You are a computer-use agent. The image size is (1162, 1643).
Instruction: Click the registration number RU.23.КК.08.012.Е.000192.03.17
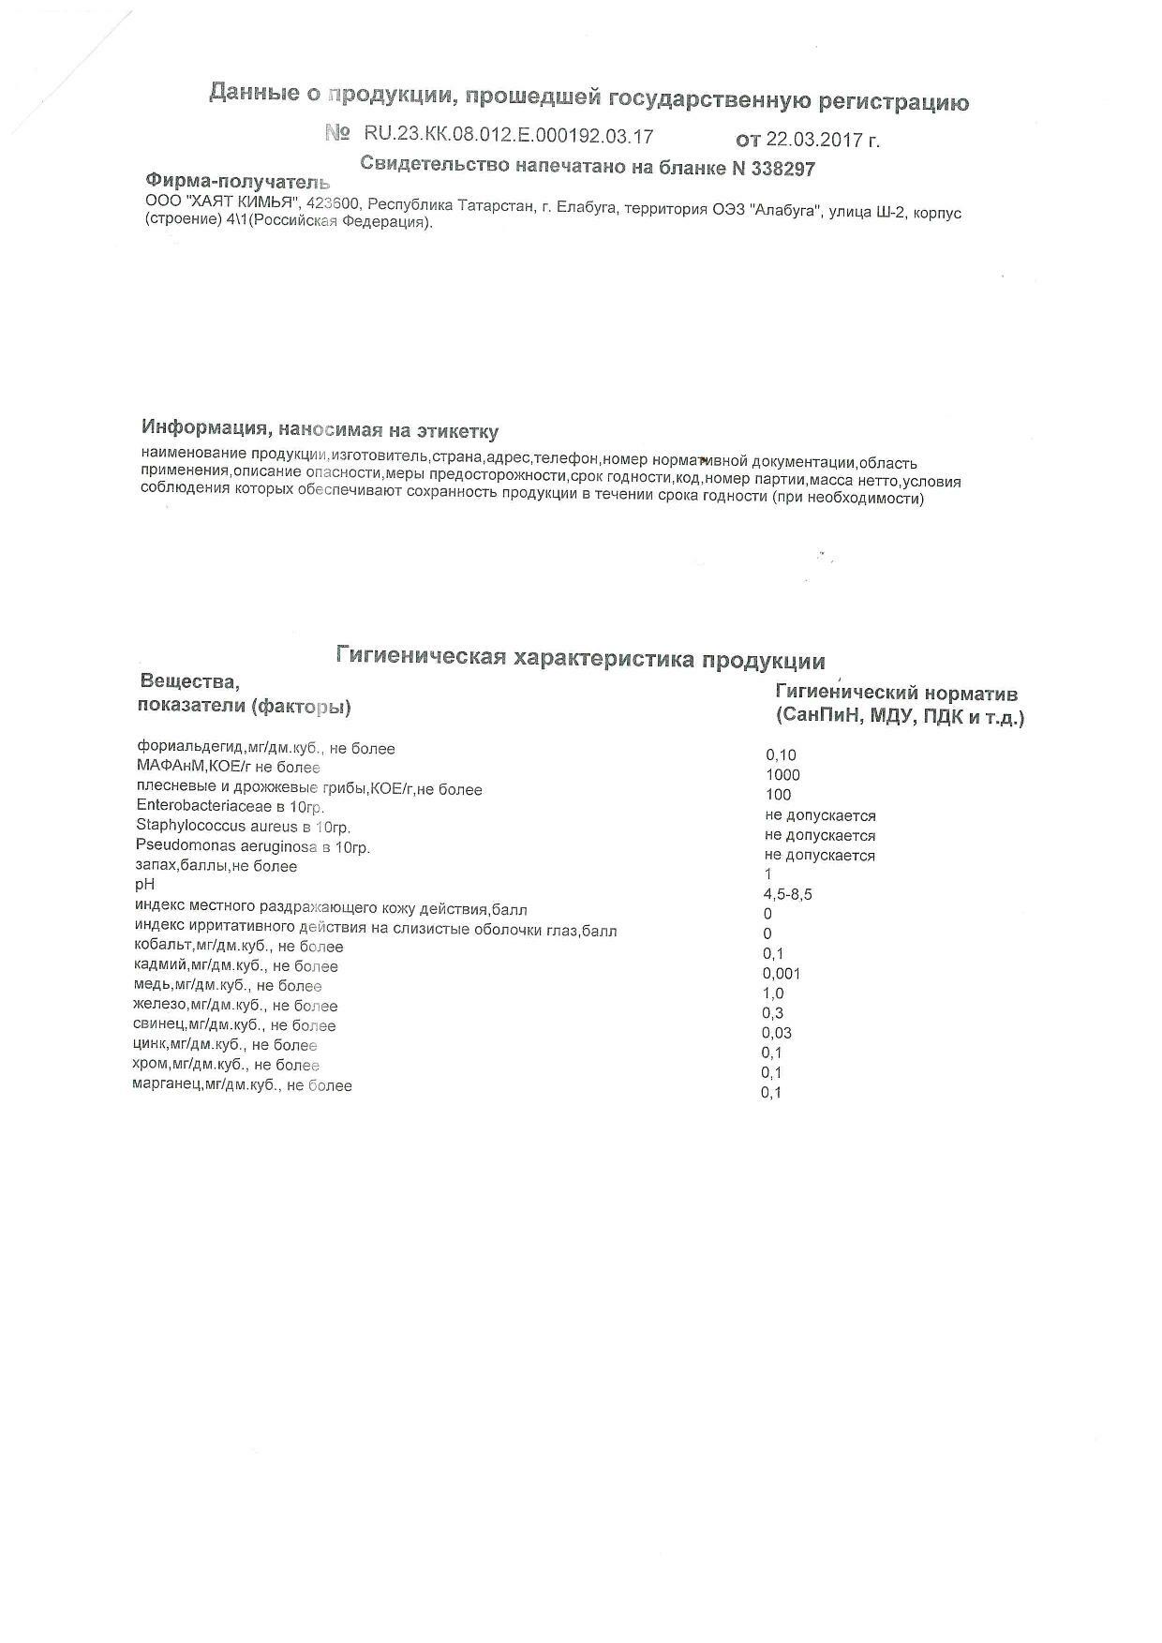[508, 136]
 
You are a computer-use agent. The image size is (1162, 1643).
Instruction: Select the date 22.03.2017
[814, 141]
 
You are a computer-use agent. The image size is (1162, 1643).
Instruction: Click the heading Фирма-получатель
[238, 182]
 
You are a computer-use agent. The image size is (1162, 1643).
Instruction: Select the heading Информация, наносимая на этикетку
[320, 430]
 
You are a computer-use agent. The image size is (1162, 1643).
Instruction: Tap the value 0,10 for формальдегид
[781, 755]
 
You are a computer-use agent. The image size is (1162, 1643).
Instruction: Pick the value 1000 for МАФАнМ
[782, 775]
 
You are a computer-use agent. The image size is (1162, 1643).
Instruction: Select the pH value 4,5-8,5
[787, 895]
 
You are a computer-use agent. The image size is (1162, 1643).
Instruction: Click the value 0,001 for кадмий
[782, 974]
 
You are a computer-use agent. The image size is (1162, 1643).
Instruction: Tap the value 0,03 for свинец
[777, 1033]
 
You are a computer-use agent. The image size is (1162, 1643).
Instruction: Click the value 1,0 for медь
[773, 993]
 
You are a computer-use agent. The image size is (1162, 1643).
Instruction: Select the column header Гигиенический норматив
[896, 695]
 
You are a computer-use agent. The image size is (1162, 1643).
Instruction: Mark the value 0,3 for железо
[773, 1013]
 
